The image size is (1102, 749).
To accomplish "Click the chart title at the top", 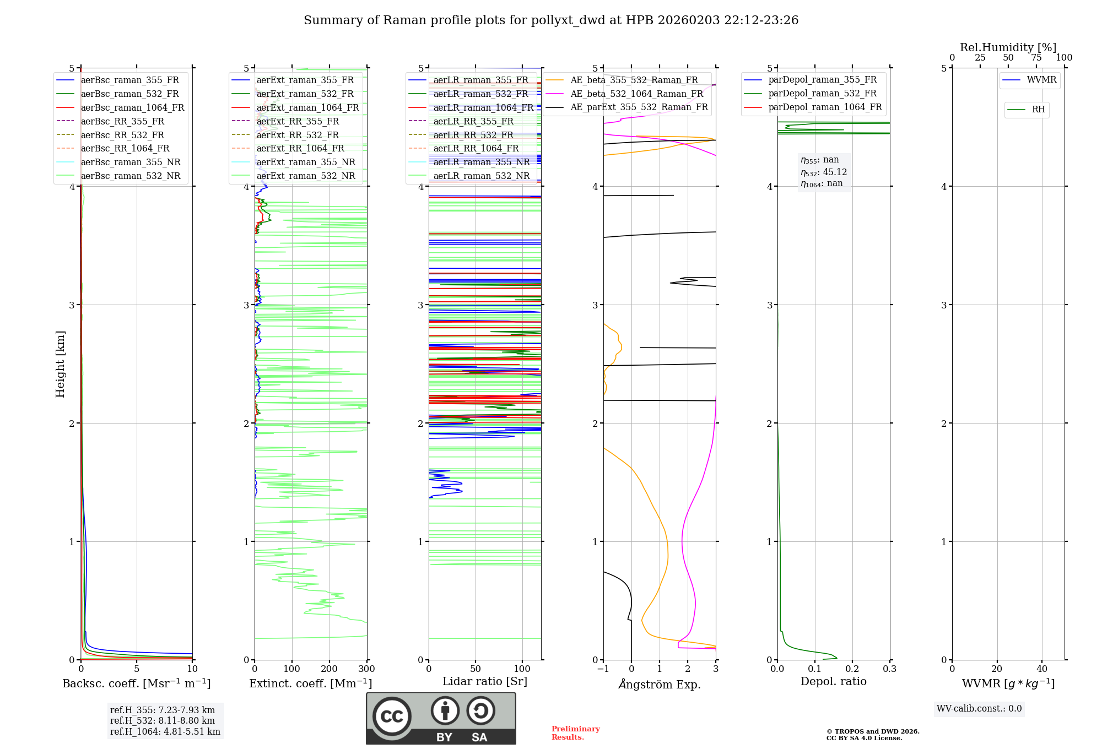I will (551, 20).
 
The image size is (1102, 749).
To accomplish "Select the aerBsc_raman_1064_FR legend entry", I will (132, 107).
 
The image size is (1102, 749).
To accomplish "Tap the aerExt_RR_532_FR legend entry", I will (298, 135).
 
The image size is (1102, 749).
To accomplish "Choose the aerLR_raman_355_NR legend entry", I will (481, 162).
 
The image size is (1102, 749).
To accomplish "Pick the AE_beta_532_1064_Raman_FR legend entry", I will (636, 94).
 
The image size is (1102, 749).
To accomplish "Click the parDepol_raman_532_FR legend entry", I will (822, 94).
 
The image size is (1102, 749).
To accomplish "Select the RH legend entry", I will (1038, 110).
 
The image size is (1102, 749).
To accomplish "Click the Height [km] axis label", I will (60, 363).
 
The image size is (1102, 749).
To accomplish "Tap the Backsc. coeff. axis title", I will (136, 683).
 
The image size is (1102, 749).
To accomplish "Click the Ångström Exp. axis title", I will (660, 685).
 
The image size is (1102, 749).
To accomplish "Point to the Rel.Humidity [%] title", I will (1008, 47).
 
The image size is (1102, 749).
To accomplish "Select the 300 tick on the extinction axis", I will (366, 669).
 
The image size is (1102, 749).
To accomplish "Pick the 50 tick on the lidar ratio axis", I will (476, 669).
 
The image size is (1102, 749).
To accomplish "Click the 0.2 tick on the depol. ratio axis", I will (852, 669).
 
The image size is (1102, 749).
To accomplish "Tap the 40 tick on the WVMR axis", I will (1041, 669).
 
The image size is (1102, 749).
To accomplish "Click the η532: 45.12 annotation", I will (824, 172).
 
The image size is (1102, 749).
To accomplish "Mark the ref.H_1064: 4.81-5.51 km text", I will (165, 731).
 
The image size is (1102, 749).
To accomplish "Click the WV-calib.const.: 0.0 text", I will (979, 709).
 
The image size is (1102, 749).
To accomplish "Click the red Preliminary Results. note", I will (575, 733).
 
